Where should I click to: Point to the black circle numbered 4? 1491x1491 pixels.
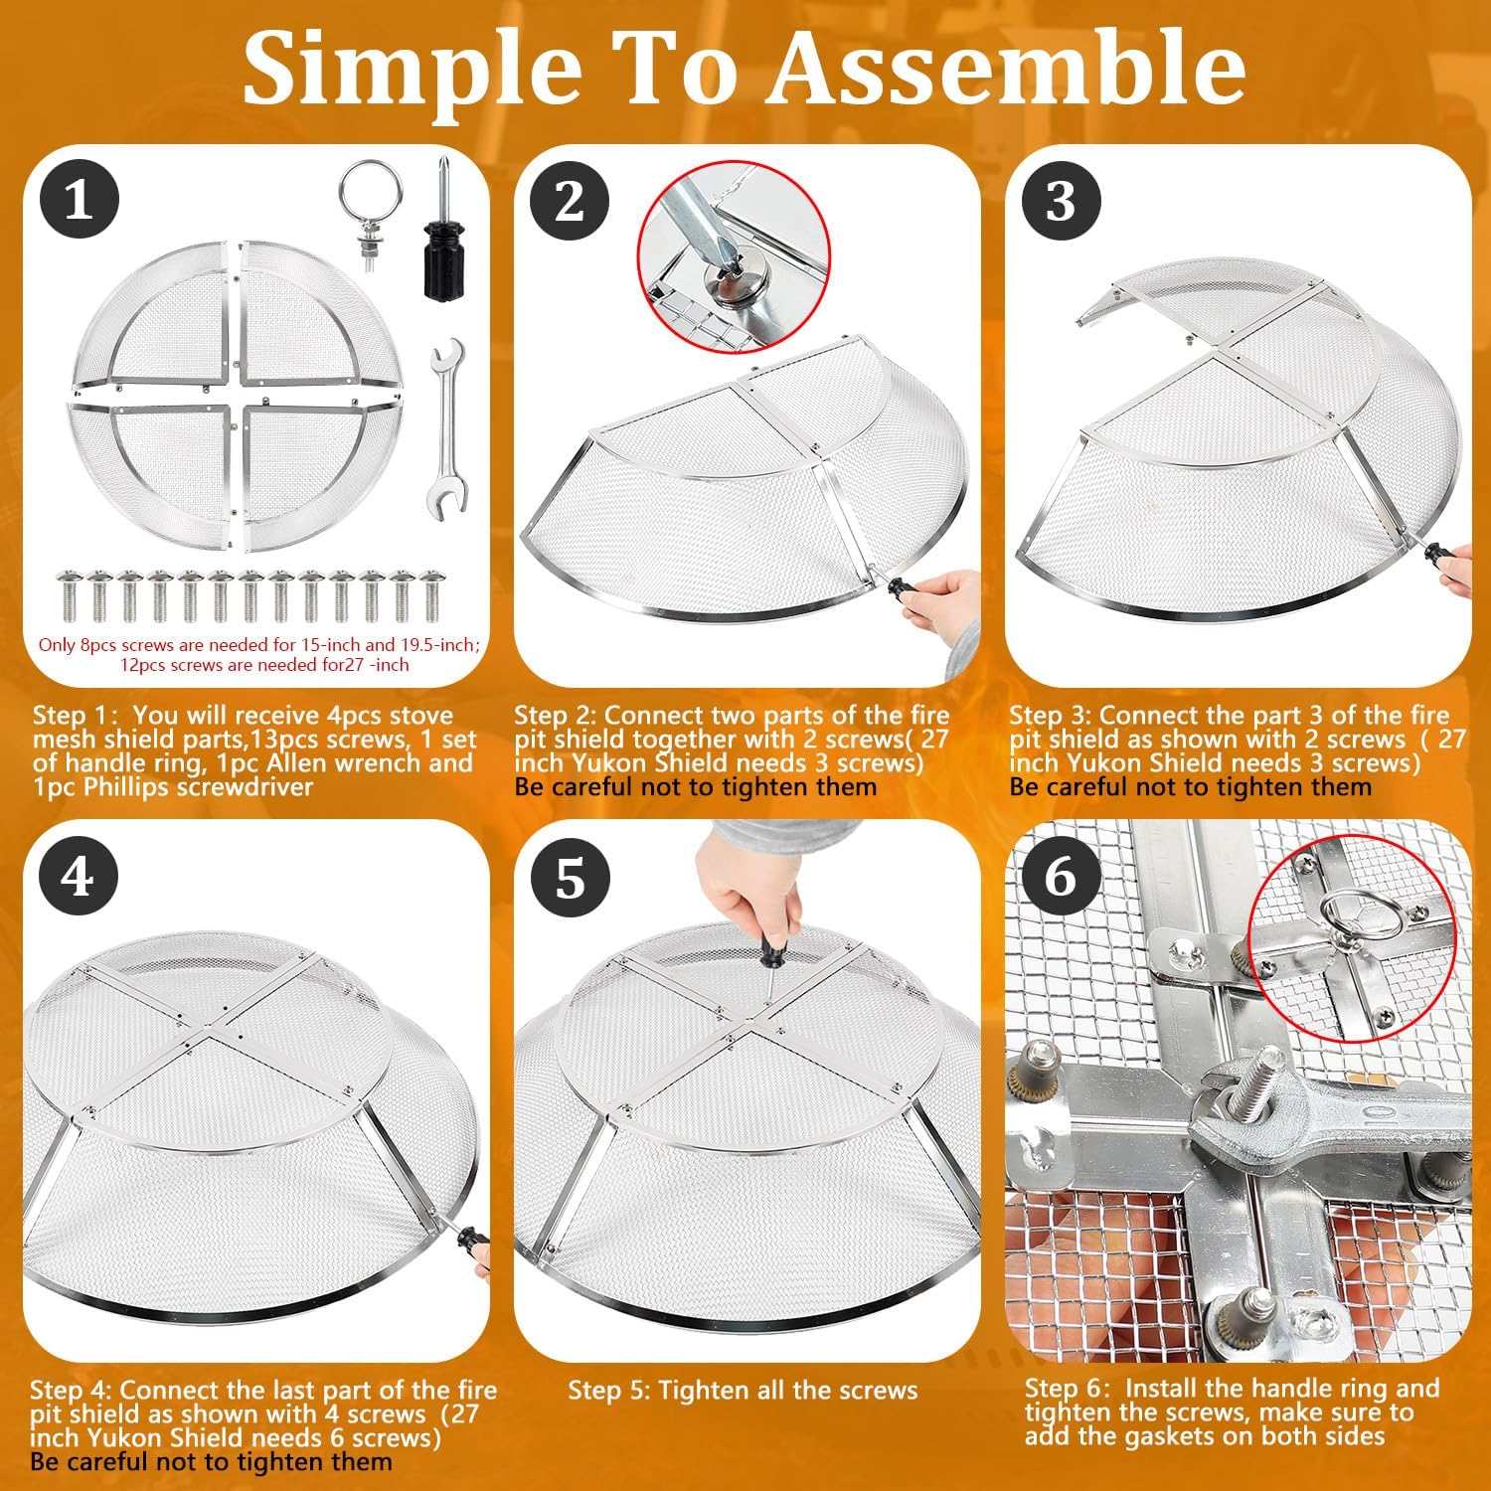pos(79,877)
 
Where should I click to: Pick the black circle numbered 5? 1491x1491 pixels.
pos(569,877)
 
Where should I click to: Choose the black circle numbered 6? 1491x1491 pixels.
pos(1061,877)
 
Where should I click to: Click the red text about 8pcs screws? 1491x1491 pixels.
pos(259,655)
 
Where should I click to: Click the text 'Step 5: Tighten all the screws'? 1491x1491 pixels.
pos(743,1391)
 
